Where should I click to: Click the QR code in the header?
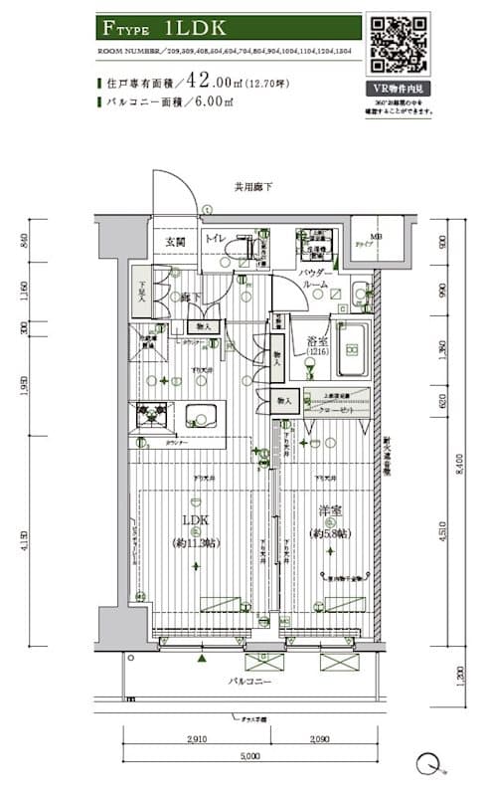pyautogui.click(x=398, y=44)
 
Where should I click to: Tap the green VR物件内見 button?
pyautogui.click(x=398, y=88)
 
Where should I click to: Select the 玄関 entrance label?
pyautogui.click(x=175, y=240)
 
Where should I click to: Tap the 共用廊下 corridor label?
pyautogui.click(x=253, y=187)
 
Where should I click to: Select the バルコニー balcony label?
pyautogui.click(x=251, y=682)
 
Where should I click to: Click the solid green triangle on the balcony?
pyautogui.click(x=202, y=658)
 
